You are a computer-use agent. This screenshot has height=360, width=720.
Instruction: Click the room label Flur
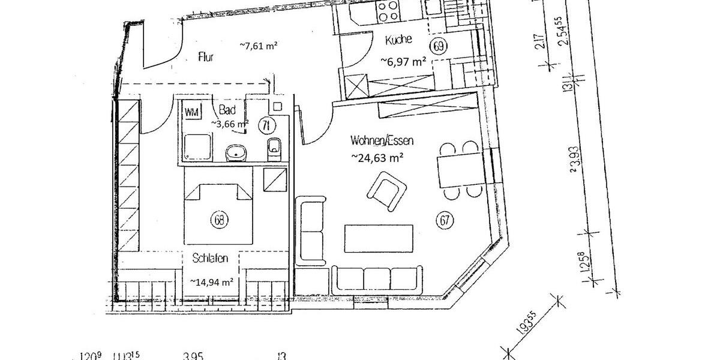click(x=206, y=58)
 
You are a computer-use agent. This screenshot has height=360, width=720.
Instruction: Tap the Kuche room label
click(x=399, y=41)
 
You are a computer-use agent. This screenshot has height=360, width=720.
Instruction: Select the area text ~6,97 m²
click(x=403, y=61)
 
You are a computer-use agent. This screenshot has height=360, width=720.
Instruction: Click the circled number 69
click(x=438, y=46)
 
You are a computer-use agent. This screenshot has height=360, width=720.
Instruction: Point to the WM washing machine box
click(x=192, y=112)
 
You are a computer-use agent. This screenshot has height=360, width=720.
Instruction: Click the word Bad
click(x=227, y=110)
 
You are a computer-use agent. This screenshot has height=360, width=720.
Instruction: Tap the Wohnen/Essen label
click(x=382, y=141)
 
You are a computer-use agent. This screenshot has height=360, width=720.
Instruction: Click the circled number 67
click(x=445, y=220)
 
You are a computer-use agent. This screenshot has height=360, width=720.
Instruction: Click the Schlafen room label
click(x=210, y=259)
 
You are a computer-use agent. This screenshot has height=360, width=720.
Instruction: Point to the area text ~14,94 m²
click(x=211, y=281)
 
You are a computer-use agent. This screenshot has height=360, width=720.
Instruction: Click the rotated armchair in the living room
click(x=385, y=191)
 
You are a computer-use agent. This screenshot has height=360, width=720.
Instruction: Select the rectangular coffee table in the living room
click(x=378, y=239)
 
